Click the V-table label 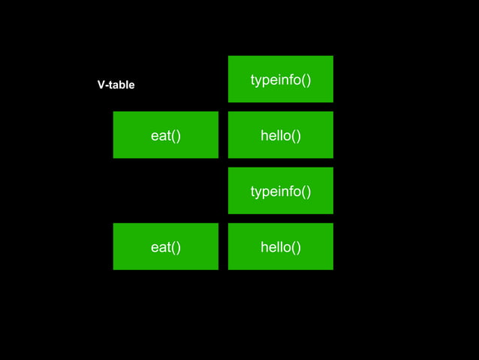point(116,85)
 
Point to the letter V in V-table point(101,85)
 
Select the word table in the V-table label point(122,85)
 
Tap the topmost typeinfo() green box point(280,79)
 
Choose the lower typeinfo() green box point(280,191)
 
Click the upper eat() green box point(165,135)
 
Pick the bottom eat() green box point(165,247)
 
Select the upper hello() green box point(280,135)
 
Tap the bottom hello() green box point(280,247)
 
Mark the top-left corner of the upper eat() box point(114,113)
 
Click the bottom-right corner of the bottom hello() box point(332,268)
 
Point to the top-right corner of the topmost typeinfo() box point(332,57)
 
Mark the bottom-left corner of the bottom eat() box point(114,268)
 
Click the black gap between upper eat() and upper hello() point(223,135)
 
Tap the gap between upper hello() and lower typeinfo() point(280,162)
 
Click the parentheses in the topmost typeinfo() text point(306,80)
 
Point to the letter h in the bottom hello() point(264,247)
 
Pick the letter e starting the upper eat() point(155,136)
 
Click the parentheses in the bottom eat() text point(176,247)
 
